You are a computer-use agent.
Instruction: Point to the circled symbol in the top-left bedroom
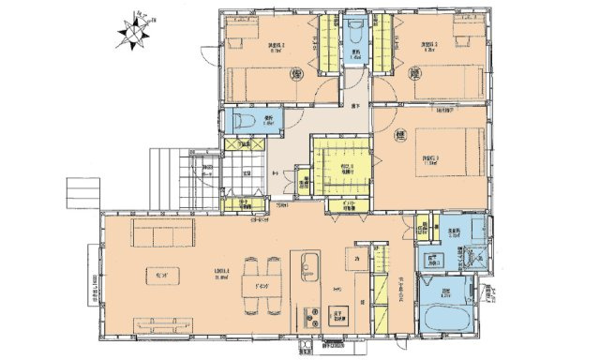(297, 73)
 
